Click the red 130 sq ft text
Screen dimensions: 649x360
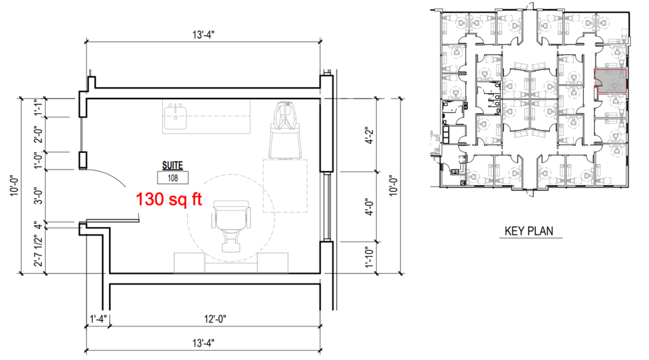(x=169, y=199)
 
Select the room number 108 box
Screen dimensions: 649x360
(x=173, y=177)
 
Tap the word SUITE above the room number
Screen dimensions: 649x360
(x=173, y=165)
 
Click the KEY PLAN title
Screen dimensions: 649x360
(x=529, y=231)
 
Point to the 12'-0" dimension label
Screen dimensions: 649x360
(x=215, y=319)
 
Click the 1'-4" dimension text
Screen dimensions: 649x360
(x=98, y=319)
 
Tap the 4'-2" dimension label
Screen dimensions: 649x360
(x=369, y=135)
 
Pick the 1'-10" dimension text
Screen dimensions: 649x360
(x=369, y=257)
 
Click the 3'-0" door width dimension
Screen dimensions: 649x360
(x=38, y=197)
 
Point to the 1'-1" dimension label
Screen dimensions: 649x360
(x=38, y=108)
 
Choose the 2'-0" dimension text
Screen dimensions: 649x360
(x=38, y=135)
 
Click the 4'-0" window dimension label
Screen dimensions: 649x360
(x=369, y=207)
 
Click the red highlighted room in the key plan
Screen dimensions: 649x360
(x=611, y=81)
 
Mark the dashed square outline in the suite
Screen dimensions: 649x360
(x=285, y=185)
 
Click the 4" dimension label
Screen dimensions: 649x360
(x=38, y=225)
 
